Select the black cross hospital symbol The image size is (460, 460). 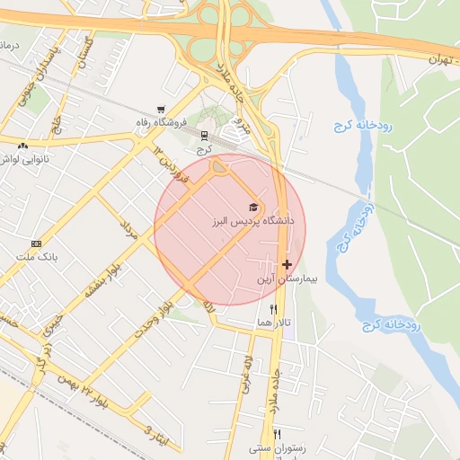pyautogui.click(x=287, y=264)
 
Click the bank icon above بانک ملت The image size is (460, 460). pyautogui.click(x=36, y=243)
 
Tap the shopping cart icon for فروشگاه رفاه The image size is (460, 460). pyautogui.click(x=160, y=108)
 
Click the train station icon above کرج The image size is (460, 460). pyautogui.click(x=204, y=135)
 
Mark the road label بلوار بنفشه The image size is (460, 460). pyautogui.click(x=104, y=278)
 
